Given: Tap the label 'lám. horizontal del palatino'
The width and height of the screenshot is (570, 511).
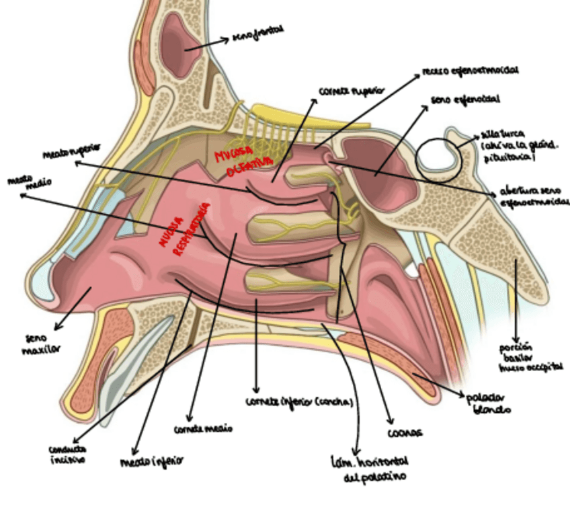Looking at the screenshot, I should click(x=369, y=470).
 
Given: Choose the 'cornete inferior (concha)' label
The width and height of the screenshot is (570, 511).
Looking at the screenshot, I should click(x=299, y=402).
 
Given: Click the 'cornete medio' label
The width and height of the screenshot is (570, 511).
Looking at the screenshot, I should click(x=202, y=428).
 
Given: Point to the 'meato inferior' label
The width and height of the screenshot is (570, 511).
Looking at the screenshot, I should click(x=151, y=462).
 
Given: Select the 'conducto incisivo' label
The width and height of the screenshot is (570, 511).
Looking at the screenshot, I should click(x=67, y=455).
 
